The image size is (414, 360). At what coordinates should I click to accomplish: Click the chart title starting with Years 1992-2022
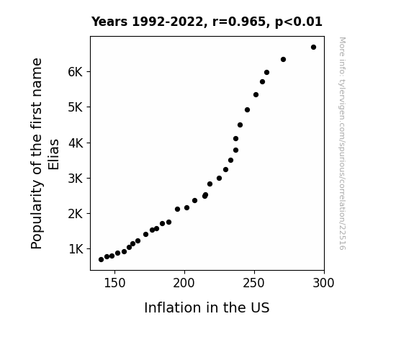[207, 22]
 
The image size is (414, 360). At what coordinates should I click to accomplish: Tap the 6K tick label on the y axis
[76, 72]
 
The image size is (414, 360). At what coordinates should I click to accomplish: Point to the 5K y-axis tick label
[76, 107]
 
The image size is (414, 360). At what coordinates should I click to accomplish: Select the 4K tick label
[76, 143]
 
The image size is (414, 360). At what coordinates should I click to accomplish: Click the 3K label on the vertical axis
[76, 179]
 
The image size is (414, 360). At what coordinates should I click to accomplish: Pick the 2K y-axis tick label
[76, 214]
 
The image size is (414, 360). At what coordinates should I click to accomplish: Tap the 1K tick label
[76, 249]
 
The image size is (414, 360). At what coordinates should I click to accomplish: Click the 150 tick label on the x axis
[114, 283]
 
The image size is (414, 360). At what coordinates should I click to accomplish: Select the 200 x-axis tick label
[184, 283]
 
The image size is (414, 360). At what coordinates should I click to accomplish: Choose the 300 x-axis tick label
[324, 283]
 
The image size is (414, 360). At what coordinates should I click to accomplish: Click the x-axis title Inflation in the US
[207, 307]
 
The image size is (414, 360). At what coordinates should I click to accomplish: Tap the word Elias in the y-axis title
[53, 155]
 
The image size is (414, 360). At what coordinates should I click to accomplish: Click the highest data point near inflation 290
[313, 48]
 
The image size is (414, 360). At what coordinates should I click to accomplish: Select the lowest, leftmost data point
[101, 260]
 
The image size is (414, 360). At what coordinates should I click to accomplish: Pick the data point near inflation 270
[283, 60]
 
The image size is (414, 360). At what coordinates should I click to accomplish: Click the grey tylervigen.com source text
[343, 143]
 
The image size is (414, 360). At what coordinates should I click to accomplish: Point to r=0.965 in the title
[239, 22]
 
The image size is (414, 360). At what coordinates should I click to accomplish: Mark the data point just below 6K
[266, 73]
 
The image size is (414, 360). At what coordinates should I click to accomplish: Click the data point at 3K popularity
[219, 179]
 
